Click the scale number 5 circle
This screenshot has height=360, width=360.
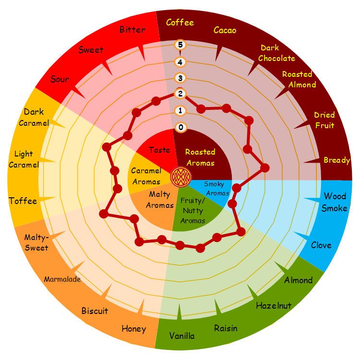coord(180,45)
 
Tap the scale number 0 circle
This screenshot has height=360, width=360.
coord(180,127)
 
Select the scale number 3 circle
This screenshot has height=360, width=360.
coord(180,78)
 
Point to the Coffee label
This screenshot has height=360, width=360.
coord(180,23)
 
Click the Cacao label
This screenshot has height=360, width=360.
coord(225,31)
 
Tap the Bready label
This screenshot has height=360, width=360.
coord(336,160)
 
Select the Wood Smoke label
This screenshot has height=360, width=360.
coord(335,202)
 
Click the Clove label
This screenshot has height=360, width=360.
coord(321,245)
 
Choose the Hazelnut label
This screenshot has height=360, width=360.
coord(274,305)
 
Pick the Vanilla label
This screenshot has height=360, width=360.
coord(182,336)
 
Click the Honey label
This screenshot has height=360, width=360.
coord(133,329)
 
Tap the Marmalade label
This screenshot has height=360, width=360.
coord(62,279)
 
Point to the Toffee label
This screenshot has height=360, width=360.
coord(23,201)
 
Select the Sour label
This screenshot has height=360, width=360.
coord(60,80)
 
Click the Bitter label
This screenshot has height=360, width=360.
coord(132,30)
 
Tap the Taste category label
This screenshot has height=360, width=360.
coord(159,150)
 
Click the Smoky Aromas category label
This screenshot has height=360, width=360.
coord(217,189)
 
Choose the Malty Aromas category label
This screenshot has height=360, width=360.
coord(160,200)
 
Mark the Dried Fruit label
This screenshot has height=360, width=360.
coord(324,120)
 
